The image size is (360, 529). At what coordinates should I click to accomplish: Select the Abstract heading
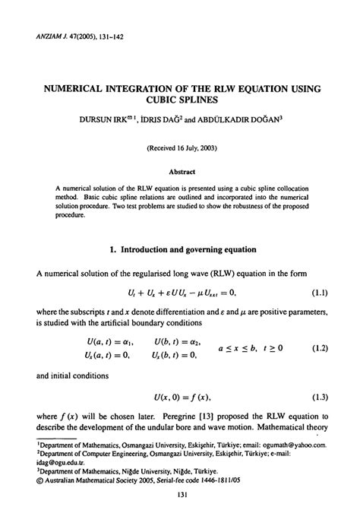point(180,172)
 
